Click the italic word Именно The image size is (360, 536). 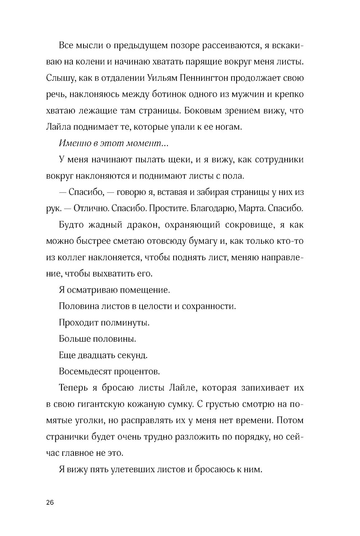click(x=73, y=143)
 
